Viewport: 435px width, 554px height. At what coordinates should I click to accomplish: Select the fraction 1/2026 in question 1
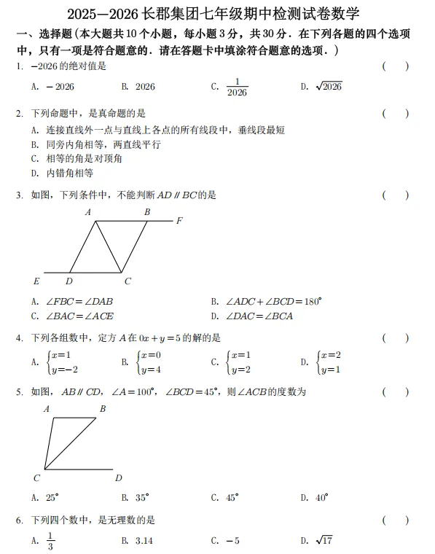(x=237, y=87)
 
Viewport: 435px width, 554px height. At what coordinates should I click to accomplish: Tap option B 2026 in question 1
(x=138, y=87)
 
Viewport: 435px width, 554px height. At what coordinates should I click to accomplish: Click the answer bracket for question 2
(x=395, y=114)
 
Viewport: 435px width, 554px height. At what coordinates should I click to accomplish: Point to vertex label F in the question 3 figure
(x=179, y=220)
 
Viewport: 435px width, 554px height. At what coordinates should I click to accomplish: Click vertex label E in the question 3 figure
(x=36, y=281)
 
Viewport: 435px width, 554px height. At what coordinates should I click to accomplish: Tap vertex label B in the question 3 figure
(x=146, y=212)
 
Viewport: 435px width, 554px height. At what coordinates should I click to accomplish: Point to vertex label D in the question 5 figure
(x=118, y=478)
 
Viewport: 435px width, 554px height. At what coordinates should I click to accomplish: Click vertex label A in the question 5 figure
(x=47, y=409)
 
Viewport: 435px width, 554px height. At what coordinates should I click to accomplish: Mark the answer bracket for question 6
(x=395, y=520)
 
